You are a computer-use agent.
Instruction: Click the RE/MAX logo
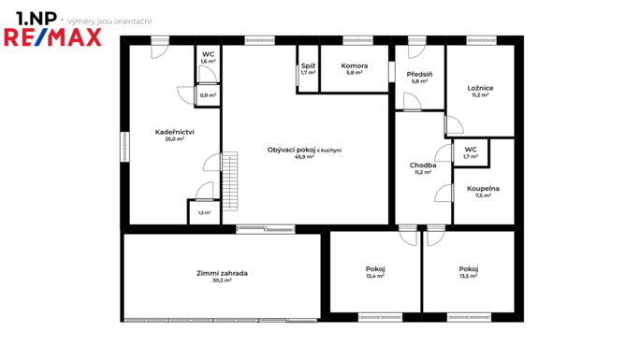coord(52,37)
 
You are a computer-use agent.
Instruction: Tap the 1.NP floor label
coord(36,19)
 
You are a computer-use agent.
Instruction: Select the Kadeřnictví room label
coord(174,132)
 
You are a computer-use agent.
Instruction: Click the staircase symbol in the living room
coord(230,181)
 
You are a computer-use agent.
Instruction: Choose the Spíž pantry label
coord(308,65)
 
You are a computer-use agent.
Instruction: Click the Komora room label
coord(355,65)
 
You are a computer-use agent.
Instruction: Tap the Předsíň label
coord(419,74)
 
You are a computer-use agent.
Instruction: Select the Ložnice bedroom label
coord(480,88)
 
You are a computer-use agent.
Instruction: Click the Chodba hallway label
coord(423,166)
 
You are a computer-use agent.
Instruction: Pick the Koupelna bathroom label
coord(483,188)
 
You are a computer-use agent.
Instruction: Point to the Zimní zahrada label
coord(222,273)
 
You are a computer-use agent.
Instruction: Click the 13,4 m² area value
coord(375,276)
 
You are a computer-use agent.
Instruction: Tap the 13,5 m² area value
coord(468,276)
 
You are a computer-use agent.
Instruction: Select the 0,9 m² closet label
coord(208,95)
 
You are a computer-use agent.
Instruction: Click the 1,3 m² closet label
coord(205,213)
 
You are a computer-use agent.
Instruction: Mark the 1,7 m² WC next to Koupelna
coord(471,156)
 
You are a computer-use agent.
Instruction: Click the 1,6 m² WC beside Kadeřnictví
coord(208,61)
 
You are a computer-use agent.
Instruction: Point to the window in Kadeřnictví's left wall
coord(124,147)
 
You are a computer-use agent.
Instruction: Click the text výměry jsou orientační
coord(109,22)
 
